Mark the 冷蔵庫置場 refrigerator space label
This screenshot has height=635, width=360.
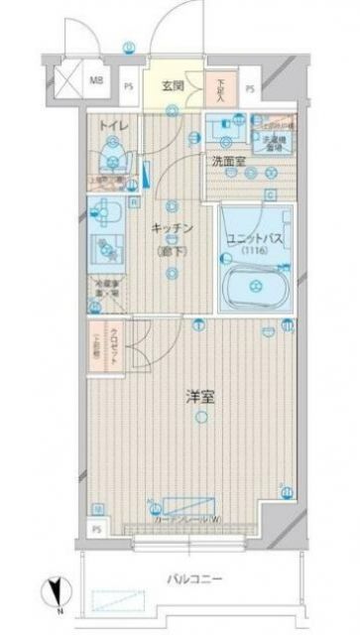click(107, 291)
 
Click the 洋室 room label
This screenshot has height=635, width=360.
click(201, 397)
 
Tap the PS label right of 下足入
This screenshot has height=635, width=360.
click(250, 87)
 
